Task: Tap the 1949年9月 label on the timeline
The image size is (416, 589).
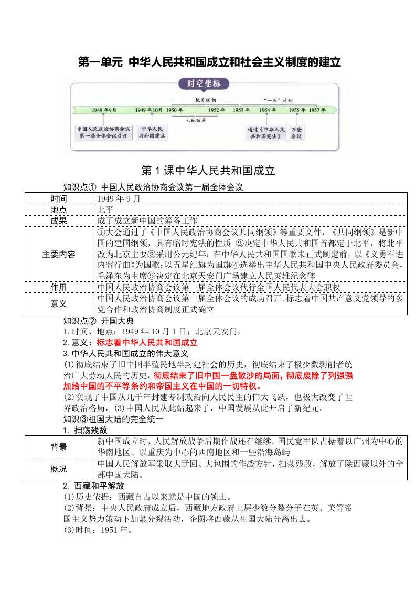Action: pos(104,110)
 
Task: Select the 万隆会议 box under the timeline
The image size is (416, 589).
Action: pos(296,132)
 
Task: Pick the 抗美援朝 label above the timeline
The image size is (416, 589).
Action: pos(206,99)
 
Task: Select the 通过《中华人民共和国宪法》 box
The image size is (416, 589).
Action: pos(267,132)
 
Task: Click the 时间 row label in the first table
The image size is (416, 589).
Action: pos(59,198)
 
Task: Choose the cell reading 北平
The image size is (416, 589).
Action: pos(105,209)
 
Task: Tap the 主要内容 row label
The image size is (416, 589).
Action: pos(59,254)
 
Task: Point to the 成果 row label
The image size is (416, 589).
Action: pos(59,220)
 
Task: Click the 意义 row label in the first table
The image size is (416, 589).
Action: pos(59,303)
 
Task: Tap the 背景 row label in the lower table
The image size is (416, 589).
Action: pos(59,446)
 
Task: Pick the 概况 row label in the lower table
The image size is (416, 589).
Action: pos(59,469)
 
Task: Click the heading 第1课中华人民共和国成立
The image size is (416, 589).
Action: pos(208,171)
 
